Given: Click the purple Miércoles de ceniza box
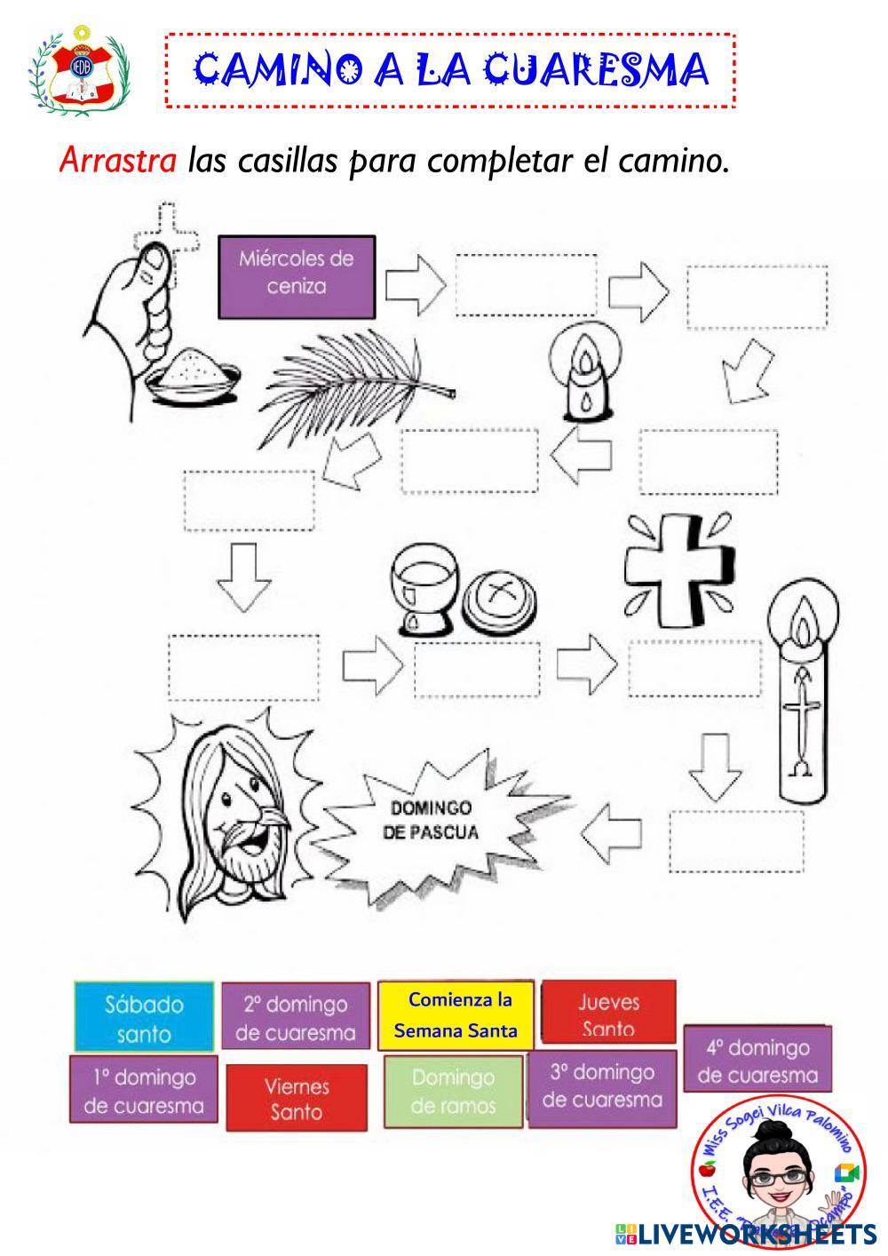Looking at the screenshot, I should (x=297, y=274).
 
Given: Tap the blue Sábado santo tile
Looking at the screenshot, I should (x=144, y=1018).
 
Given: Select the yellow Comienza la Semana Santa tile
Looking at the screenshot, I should (x=456, y=1014).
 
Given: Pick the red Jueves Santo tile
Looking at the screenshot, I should (x=608, y=1013).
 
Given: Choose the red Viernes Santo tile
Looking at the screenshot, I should (x=296, y=1098).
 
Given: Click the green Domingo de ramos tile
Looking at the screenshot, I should (x=453, y=1092).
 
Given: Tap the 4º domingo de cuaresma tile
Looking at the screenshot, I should (x=757, y=1061).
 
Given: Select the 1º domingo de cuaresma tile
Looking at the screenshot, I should (x=143, y=1091).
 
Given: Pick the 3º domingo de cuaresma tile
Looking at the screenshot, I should (x=602, y=1085).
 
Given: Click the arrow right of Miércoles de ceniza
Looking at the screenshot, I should (x=415, y=284).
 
